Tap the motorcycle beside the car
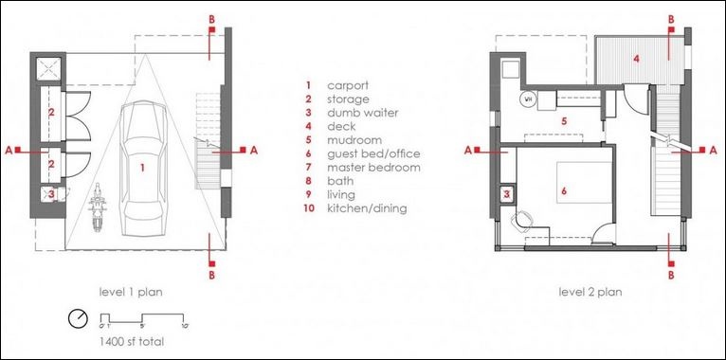coord(98,207)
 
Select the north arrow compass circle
coord(78,318)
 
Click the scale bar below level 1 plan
coord(142,319)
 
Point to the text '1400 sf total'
coord(132,342)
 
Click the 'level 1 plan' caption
coord(131,293)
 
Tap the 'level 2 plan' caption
coord(590,293)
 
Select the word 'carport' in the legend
coord(348,85)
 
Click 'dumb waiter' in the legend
coord(363,113)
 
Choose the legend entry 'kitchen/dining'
coord(367,208)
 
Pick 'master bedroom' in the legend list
coord(373,167)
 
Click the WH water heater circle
coord(527,99)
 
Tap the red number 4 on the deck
coord(637,59)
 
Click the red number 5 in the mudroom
coord(564,121)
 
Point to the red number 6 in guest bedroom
coord(564,190)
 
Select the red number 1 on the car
coord(142,168)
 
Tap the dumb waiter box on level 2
coord(506,194)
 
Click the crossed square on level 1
coord(48,69)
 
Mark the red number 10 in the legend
coord(309,208)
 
